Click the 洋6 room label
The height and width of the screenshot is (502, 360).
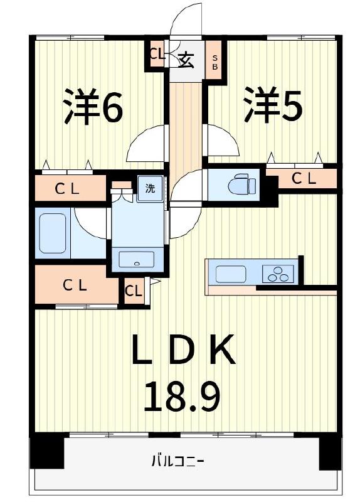93,107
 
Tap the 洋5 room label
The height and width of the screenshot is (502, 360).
273,106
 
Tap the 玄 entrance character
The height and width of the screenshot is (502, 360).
186,61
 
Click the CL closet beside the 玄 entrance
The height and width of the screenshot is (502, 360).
157,54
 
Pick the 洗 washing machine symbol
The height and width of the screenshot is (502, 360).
150,188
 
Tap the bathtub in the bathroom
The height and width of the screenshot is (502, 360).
53,233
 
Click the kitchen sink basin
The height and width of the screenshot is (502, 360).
231,274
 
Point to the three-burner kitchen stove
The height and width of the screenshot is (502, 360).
277,274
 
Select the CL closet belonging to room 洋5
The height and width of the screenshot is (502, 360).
302,179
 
